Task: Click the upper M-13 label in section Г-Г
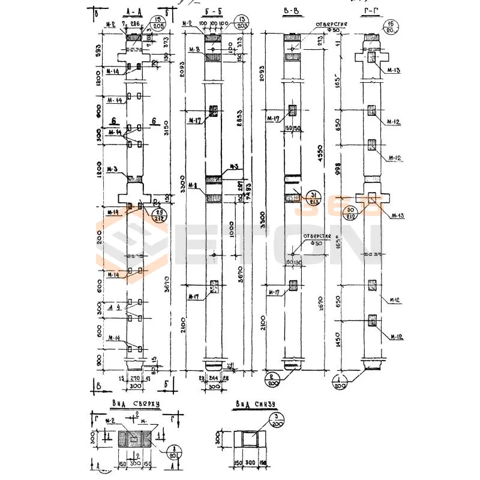[394, 71]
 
